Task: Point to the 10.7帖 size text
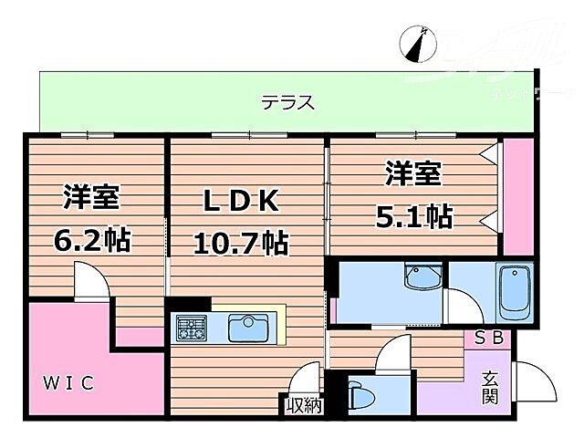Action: point(239,244)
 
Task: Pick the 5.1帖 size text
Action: point(414,217)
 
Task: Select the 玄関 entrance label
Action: point(489,386)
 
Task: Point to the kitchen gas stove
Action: point(193,327)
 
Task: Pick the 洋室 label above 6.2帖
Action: point(92,198)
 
